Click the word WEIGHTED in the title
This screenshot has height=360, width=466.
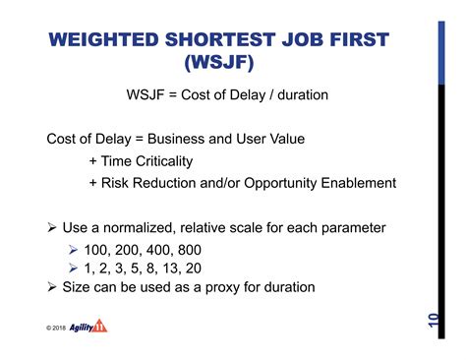pos(103,39)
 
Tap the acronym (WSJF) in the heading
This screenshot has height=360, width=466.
pos(219,62)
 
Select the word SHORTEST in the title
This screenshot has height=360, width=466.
pos(220,39)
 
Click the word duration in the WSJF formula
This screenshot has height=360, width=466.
pos(303,95)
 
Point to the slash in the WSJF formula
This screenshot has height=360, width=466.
pos(271,95)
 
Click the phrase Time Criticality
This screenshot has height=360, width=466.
pos(146,161)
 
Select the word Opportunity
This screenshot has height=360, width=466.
pos(280,183)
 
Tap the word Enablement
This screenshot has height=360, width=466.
pos(359,183)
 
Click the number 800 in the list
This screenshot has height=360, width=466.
pos(190,250)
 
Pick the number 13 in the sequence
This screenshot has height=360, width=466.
pos(170,269)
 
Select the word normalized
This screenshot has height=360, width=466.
pos(138,228)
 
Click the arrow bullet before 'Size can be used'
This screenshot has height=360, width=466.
pos(52,287)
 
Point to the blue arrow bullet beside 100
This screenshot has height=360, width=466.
pos(73,250)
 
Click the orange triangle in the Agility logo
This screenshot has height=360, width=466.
pos(99,326)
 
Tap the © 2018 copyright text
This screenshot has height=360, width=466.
pos(56,328)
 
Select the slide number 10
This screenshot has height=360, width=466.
pos(434,321)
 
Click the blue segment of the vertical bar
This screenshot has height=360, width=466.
pos(441,53)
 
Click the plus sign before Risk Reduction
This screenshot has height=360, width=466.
pos(93,183)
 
